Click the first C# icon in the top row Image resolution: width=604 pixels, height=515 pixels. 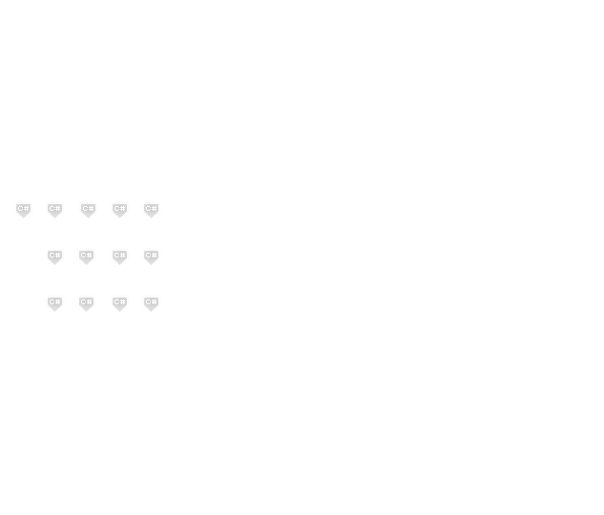click(23, 209)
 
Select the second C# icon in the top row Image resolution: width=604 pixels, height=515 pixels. click(55, 209)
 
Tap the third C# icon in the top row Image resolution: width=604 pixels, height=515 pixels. click(88, 209)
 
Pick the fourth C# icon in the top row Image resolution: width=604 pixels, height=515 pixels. click(119, 209)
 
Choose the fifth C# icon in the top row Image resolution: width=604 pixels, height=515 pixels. click(151, 209)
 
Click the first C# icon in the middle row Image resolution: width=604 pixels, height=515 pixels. click(54, 256)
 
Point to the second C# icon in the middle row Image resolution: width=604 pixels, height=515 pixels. click(86, 256)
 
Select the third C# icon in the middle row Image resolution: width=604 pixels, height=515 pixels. click(119, 256)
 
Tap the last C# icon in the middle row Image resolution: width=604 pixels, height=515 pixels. click(151, 256)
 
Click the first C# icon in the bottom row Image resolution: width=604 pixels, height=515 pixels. click(54, 302)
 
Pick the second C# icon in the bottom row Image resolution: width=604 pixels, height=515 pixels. click(86, 302)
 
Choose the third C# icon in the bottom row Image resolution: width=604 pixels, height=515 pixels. click(119, 302)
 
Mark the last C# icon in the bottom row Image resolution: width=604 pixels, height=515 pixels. click(151, 302)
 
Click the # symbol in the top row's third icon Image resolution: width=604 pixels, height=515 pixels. click(91, 208)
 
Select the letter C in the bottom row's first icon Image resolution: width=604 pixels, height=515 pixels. click(52, 301)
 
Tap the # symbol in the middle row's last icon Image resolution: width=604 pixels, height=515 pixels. click(154, 255)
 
